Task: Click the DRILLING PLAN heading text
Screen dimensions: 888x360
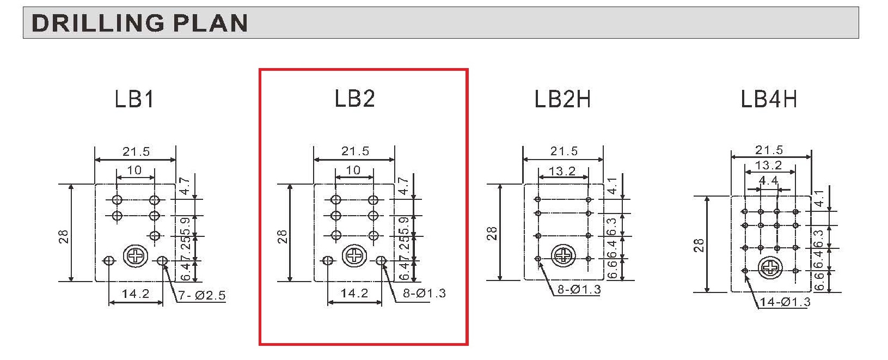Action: click(x=139, y=22)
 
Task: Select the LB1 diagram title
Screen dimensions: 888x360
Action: click(x=134, y=99)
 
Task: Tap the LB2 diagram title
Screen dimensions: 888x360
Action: click(x=354, y=99)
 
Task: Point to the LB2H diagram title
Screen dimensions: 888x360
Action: click(x=562, y=99)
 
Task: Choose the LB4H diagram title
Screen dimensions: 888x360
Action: click(x=769, y=99)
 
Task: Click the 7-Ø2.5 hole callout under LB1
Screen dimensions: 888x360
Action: click(x=202, y=295)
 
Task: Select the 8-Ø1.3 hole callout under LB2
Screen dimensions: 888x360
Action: click(x=424, y=294)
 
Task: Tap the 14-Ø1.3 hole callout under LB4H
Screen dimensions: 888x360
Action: click(x=785, y=302)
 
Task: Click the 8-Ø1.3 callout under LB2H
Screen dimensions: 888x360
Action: click(x=579, y=289)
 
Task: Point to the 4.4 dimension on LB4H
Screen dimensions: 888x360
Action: click(x=768, y=181)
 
